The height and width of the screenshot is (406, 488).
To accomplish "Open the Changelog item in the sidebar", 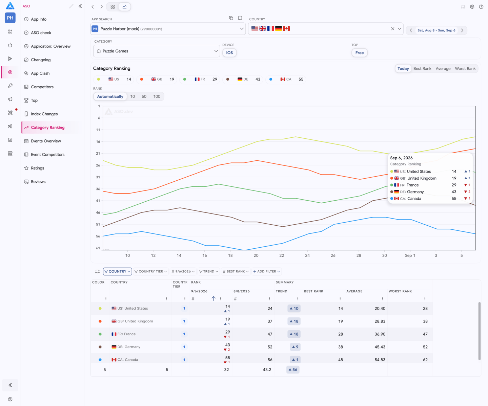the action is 41,60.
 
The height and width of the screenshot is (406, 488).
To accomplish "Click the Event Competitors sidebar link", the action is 47,155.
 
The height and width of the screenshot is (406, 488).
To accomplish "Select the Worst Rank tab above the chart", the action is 465,69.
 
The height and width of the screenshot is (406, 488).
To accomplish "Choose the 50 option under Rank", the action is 144,96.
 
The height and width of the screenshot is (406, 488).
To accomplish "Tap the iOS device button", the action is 229,53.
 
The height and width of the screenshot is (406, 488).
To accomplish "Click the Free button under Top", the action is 360,53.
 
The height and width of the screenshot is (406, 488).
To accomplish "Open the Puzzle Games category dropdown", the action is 156,51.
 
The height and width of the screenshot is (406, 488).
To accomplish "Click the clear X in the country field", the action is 393,29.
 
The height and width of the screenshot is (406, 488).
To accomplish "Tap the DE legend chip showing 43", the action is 243,79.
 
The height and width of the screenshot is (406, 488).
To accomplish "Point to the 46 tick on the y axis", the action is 98,212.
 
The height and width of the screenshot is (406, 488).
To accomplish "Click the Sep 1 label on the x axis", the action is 410,255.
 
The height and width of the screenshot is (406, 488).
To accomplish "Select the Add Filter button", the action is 266,271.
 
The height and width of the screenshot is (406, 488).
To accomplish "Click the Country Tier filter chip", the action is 151,271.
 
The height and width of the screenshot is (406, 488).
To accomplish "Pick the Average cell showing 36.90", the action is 380,334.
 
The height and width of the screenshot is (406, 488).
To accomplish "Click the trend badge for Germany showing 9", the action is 295,347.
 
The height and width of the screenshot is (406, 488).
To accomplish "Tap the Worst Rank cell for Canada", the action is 425,360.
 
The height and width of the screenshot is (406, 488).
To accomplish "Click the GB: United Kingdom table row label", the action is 132,321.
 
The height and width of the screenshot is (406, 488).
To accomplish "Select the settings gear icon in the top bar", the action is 472,7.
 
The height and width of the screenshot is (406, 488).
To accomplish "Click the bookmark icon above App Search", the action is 240,18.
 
